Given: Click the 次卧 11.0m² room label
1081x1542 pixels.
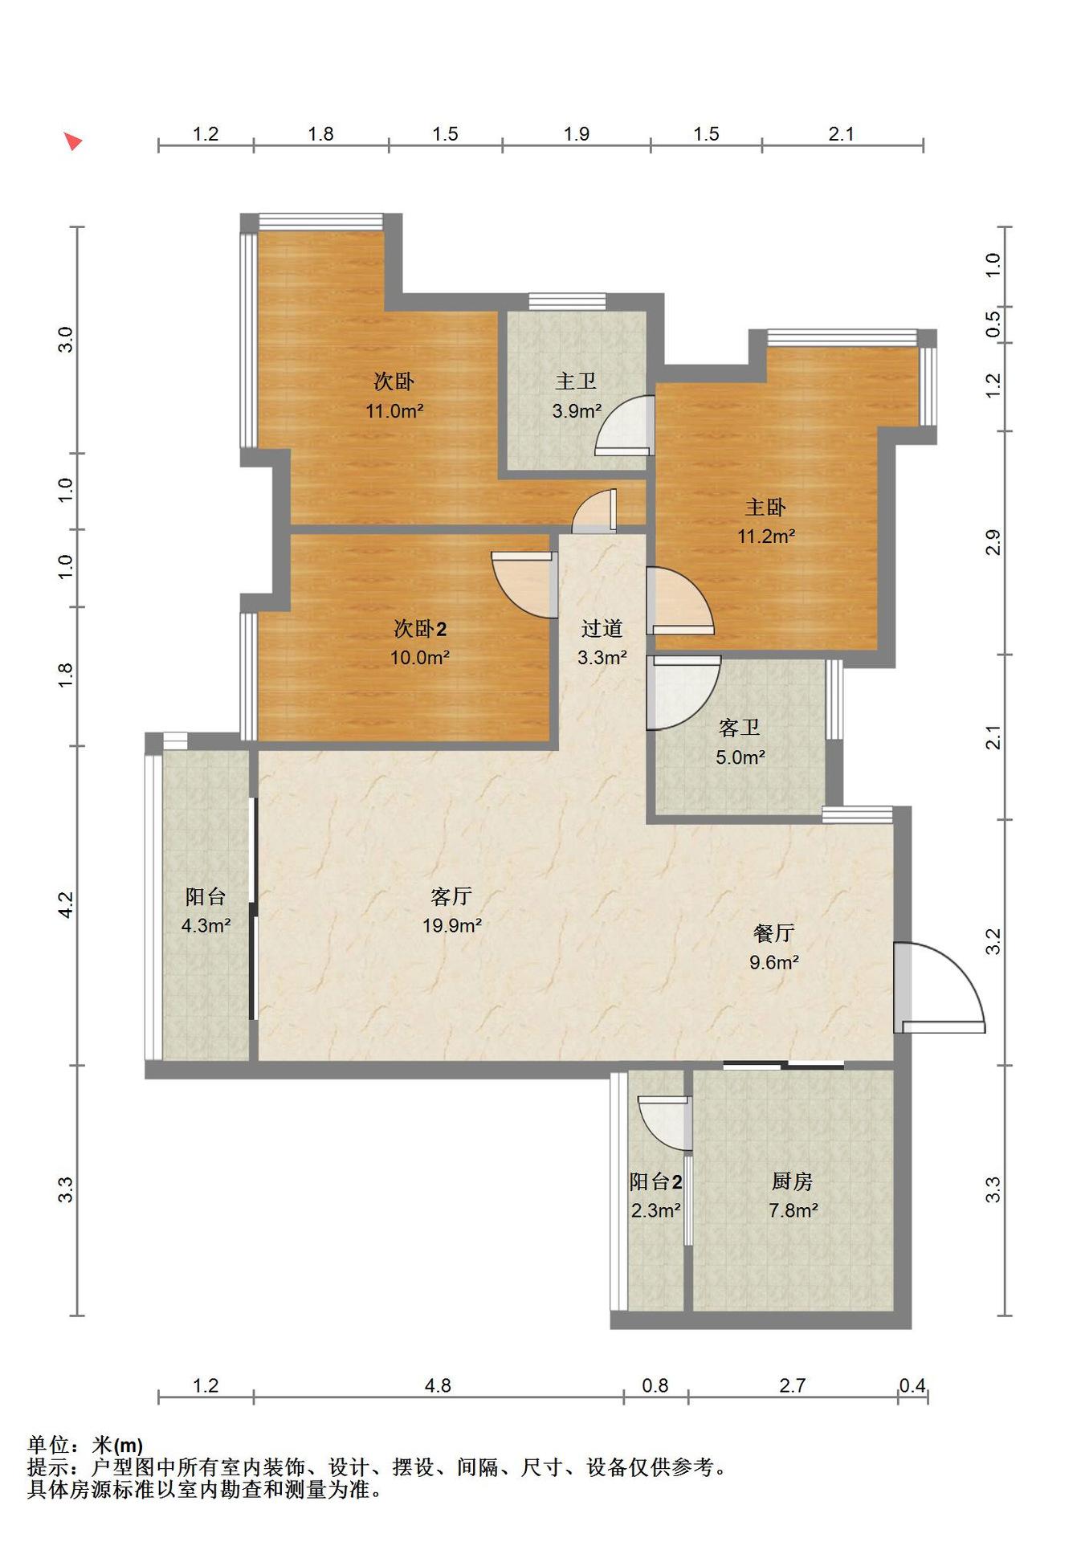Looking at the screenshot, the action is pyautogui.click(x=394, y=396).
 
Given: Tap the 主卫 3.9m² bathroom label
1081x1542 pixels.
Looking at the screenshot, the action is pyautogui.click(x=577, y=396).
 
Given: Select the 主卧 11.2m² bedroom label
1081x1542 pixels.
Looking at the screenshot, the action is pyautogui.click(x=766, y=521).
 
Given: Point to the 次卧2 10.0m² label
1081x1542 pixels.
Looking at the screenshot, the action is pyautogui.click(x=419, y=642).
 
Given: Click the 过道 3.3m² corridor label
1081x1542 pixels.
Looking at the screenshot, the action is pyautogui.click(x=602, y=642).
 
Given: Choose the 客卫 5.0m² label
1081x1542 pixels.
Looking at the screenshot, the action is pyautogui.click(x=740, y=742).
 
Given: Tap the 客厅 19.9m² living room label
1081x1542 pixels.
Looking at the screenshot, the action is pyautogui.click(x=451, y=911).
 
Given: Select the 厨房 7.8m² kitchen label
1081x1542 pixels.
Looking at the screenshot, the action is pyautogui.click(x=793, y=1196).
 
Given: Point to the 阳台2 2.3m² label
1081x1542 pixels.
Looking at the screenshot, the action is pyautogui.click(x=656, y=1196).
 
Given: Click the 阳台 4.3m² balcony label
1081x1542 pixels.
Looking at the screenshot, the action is pyautogui.click(x=206, y=911).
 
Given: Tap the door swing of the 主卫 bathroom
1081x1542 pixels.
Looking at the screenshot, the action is pyautogui.click(x=624, y=426).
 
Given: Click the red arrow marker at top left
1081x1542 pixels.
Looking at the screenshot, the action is pyautogui.click(x=73, y=142).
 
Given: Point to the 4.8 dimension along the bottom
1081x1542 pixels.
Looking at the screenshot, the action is pyautogui.click(x=439, y=1385).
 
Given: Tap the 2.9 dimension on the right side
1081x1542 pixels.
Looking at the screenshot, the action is pyautogui.click(x=993, y=542).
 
